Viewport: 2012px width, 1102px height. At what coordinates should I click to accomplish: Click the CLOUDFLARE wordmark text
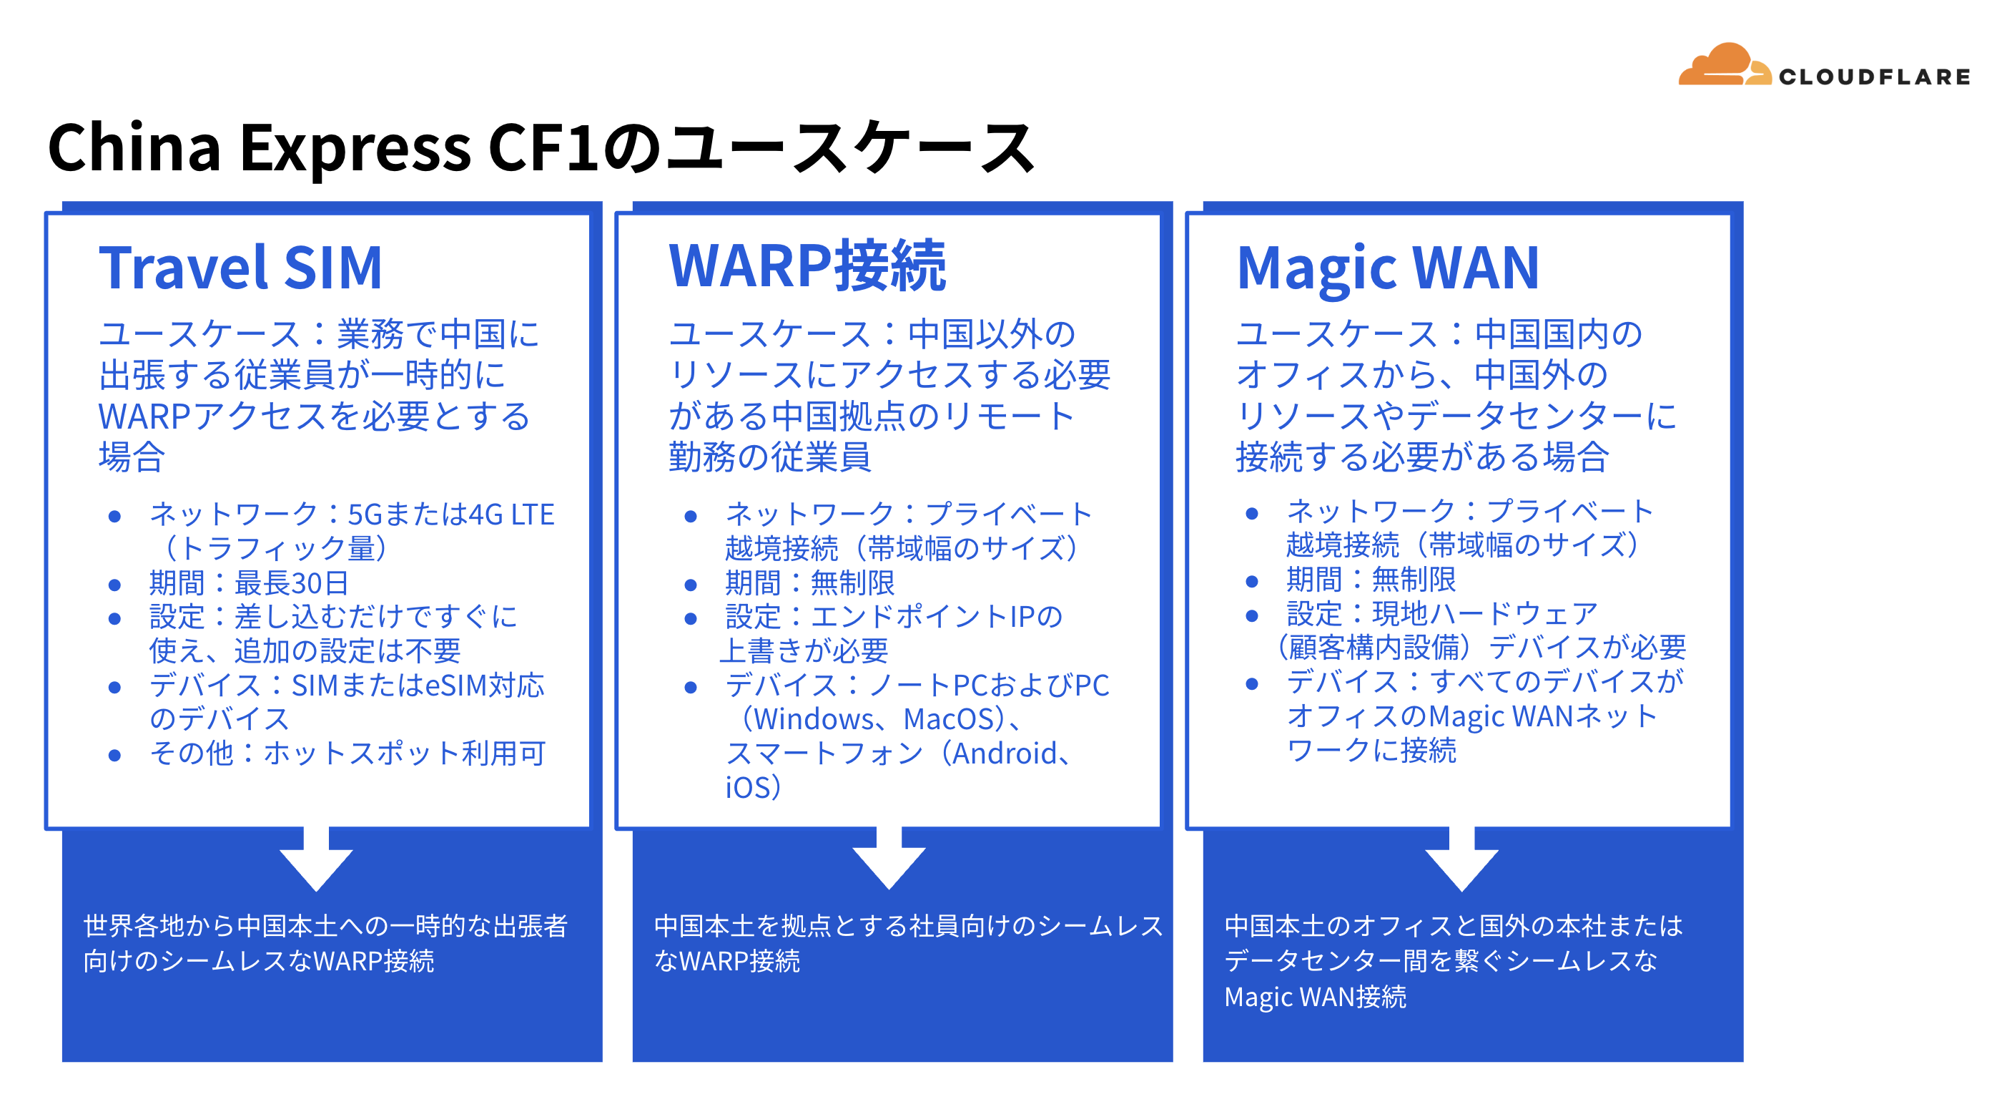click(x=1875, y=77)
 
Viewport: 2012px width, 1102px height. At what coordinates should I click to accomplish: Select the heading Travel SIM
click(x=240, y=268)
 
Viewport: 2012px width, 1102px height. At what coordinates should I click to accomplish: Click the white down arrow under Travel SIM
click(x=316, y=858)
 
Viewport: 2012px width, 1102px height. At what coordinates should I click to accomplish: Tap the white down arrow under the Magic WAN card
click(x=1461, y=858)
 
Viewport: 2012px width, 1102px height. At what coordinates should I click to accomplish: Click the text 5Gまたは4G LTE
click(x=450, y=515)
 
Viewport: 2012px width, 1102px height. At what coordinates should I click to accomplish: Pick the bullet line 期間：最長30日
click(x=249, y=583)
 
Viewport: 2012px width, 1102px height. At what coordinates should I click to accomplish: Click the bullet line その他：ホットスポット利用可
click(x=347, y=754)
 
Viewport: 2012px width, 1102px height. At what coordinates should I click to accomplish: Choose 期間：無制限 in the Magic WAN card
click(x=1371, y=580)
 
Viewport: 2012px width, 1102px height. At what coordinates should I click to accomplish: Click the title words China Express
click(x=260, y=149)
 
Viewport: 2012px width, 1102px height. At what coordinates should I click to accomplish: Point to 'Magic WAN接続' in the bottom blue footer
click(x=1316, y=998)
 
